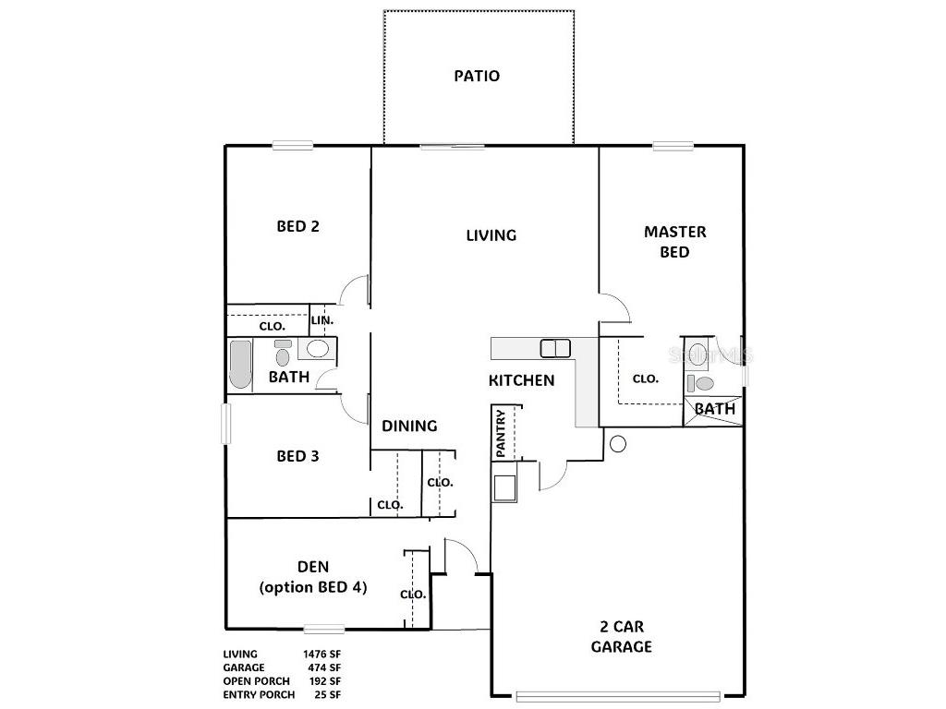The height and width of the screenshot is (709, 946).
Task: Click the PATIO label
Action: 477,76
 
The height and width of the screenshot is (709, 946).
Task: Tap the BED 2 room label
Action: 298,225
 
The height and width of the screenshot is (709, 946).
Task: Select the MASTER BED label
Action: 674,242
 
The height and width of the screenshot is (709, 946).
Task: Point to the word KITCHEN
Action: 521,379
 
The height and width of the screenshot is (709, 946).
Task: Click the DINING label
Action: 409,426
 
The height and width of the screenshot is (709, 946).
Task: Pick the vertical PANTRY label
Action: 501,433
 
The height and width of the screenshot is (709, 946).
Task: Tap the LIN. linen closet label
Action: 321,319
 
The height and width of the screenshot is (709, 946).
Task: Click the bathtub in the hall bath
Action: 239,365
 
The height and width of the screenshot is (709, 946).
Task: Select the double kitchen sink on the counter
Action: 555,348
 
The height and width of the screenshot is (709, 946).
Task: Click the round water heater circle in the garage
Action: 618,444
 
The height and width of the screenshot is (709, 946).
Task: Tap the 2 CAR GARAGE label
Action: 621,636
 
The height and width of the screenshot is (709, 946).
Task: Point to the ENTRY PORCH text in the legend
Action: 259,694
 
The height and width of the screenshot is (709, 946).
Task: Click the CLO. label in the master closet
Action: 645,379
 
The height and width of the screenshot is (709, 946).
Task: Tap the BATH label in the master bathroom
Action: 714,408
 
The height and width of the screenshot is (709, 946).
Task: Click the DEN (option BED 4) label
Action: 312,577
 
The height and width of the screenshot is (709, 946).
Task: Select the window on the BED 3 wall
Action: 224,426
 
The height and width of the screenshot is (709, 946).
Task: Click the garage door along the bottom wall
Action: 617,695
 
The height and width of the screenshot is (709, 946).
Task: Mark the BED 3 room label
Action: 298,456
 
